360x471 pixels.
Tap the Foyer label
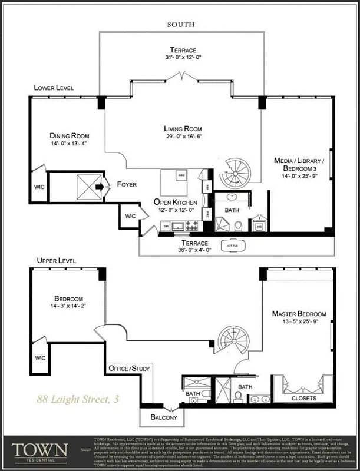point(126,184)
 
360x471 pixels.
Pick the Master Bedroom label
point(299,314)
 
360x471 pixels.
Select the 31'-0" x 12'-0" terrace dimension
point(183,58)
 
